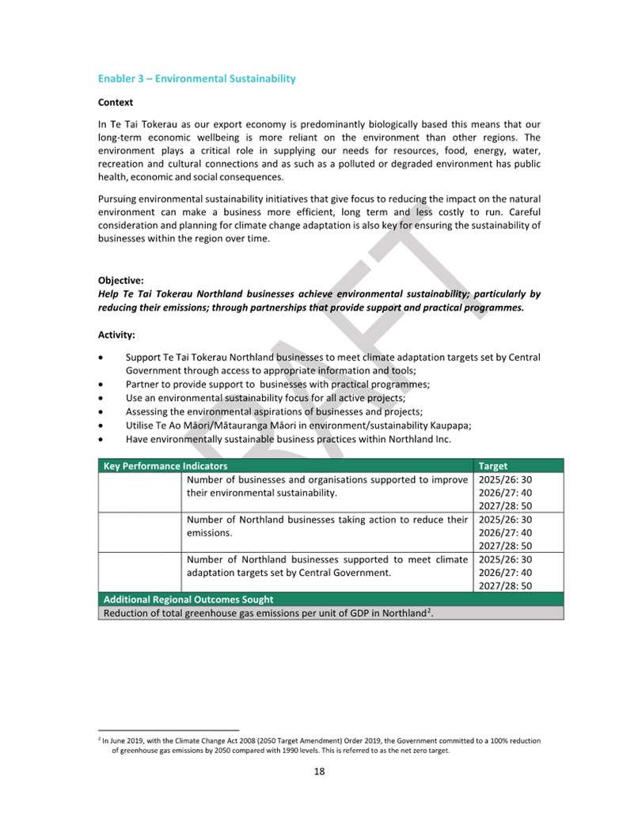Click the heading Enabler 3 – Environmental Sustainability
[196, 79]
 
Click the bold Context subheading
[115, 103]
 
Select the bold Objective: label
[120, 280]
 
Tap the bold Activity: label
[116, 335]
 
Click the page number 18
[319, 772]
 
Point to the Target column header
[493, 466]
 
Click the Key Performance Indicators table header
[165, 466]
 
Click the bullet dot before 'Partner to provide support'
[102, 384]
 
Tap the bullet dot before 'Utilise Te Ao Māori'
[102, 425]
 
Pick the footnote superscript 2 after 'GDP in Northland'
[430, 611]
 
